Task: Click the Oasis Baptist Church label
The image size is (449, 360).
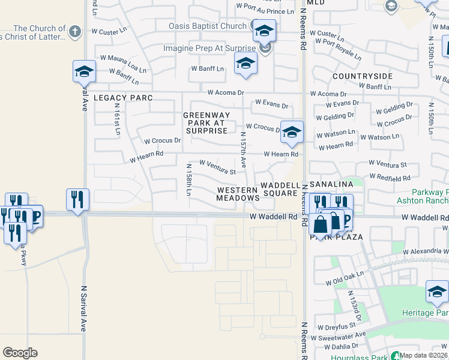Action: (208, 26)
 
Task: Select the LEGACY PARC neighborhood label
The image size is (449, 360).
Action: (123, 97)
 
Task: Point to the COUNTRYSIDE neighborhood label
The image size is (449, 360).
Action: (363, 76)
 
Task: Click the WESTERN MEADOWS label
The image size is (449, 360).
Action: (238, 193)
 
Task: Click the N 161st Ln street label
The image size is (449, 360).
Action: (118, 119)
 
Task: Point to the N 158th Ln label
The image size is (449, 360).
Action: (188, 179)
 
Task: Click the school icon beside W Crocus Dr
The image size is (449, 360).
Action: (291, 133)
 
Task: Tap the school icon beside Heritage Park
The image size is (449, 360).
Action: (437, 292)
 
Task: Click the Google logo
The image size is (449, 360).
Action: (20, 353)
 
